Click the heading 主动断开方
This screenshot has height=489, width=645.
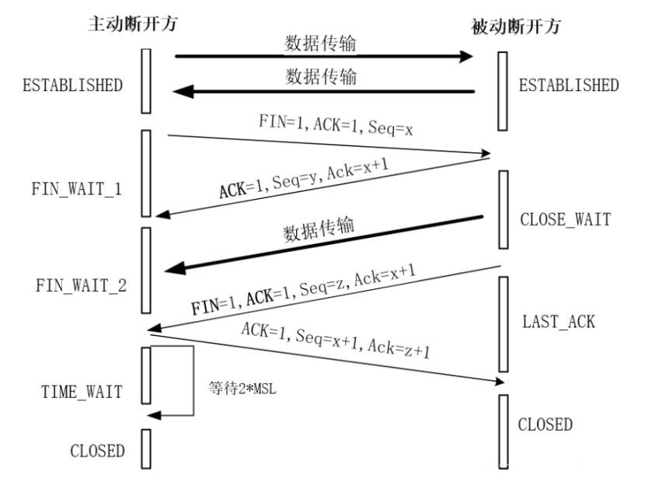coord(130,24)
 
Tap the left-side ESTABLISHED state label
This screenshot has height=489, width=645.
coord(75,85)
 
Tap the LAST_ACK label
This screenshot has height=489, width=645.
coord(559,322)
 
